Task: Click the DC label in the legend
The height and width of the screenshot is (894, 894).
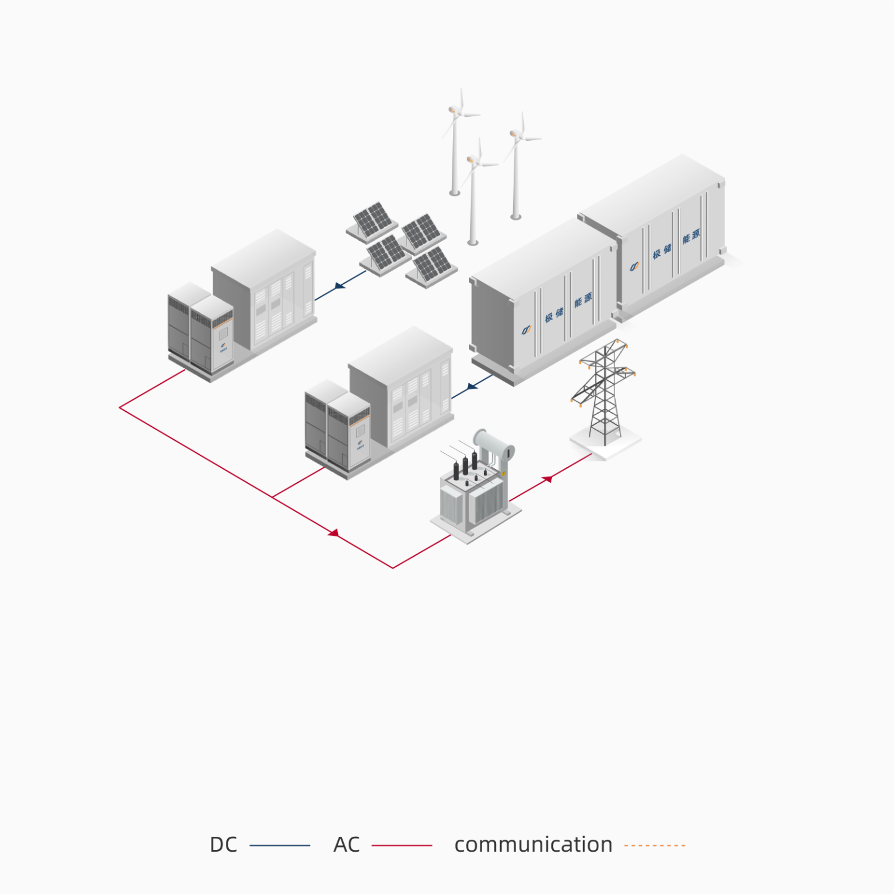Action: (223, 845)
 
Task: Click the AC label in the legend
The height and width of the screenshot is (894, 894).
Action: (346, 845)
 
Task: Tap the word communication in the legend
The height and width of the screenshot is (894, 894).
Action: (533, 845)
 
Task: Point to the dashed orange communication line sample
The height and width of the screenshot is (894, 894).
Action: (654, 845)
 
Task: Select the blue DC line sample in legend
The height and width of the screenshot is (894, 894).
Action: (280, 845)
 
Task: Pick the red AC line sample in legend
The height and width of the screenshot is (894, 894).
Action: (402, 845)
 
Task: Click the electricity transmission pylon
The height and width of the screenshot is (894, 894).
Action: (604, 393)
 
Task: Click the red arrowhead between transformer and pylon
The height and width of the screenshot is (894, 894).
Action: (547, 479)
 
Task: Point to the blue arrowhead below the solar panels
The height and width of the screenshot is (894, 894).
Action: (340, 285)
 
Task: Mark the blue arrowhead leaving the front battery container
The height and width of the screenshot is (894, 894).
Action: (472, 386)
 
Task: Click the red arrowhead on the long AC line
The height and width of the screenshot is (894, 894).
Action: (334, 533)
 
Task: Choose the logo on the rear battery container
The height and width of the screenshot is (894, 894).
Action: (635, 266)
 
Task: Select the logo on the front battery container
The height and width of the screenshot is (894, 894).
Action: (526, 330)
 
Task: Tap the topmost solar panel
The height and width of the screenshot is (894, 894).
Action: (372, 220)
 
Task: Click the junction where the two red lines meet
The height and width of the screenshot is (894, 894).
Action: (272, 497)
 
